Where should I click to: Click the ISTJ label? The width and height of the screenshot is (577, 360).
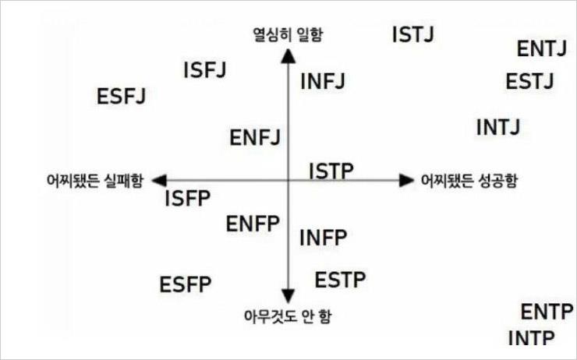pos(413,34)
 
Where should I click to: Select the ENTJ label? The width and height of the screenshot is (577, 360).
pos(542,48)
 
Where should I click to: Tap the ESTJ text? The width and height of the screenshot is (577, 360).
pos(529,81)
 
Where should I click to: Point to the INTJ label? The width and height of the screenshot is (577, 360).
pos(498,127)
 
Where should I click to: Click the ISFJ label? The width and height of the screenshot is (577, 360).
pos(204,70)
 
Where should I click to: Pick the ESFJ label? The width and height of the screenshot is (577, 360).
pos(122,97)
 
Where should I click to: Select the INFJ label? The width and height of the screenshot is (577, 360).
pos(323,81)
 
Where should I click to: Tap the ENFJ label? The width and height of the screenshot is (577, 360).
pos(255,137)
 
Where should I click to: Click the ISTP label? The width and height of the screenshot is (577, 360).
pos(331,171)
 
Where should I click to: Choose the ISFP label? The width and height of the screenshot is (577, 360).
pos(188,198)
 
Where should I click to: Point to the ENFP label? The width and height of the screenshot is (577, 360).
pos(253,224)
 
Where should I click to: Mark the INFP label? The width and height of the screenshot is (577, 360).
pos(323,238)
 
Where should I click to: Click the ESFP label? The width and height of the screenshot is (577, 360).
pos(186,284)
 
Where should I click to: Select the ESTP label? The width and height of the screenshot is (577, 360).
pos(341,280)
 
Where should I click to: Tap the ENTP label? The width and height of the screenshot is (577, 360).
pos(547,312)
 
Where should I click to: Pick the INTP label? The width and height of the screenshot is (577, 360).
pos(531,338)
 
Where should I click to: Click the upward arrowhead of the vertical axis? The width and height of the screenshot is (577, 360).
pos(288,56)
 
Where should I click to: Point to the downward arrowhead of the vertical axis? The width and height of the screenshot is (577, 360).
pos(288,296)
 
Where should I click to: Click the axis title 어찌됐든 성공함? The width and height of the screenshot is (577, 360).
pos(469,181)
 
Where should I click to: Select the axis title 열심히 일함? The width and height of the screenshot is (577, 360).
pos(288,35)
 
